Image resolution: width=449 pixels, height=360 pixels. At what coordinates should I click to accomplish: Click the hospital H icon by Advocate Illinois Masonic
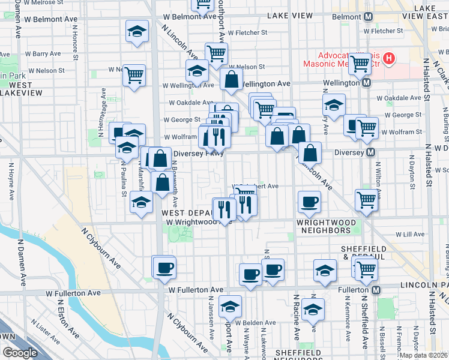pyautogui.click(x=390, y=59)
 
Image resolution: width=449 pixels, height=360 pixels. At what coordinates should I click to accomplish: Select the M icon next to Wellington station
pyautogui.click(x=364, y=83)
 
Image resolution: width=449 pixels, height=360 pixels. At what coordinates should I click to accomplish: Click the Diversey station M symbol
pyautogui.click(x=371, y=152)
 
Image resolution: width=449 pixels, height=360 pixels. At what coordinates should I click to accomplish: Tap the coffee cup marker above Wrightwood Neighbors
pyautogui.click(x=310, y=201)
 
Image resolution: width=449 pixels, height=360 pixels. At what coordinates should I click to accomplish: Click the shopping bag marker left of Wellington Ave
pyautogui.click(x=231, y=79)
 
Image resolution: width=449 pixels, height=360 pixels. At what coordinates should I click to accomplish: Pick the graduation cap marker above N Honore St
pyautogui.click(x=137, y=31)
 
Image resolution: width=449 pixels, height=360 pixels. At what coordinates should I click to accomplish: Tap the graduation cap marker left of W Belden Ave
pyautogui.click(x=229, y=307)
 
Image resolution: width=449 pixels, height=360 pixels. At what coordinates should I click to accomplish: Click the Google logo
pyautogui.click(x=20, y=353)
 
